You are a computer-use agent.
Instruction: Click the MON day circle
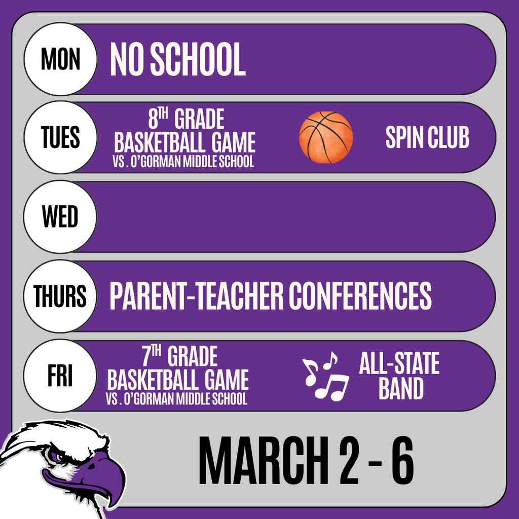(60, 59)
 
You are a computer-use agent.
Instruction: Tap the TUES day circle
(60, 138)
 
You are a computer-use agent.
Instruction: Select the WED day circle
(60, 217)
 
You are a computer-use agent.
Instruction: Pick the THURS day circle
(60, 296)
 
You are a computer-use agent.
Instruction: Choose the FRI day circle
(60, 376)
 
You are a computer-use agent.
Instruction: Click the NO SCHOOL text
(177, 59)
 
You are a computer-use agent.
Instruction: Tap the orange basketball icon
(326, 137)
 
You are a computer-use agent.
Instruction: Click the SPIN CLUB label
(427, 137)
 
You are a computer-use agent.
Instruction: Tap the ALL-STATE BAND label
(399, 376)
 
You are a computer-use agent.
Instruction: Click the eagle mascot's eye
(61, 456)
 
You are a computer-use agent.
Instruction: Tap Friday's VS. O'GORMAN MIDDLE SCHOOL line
(177, 399)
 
